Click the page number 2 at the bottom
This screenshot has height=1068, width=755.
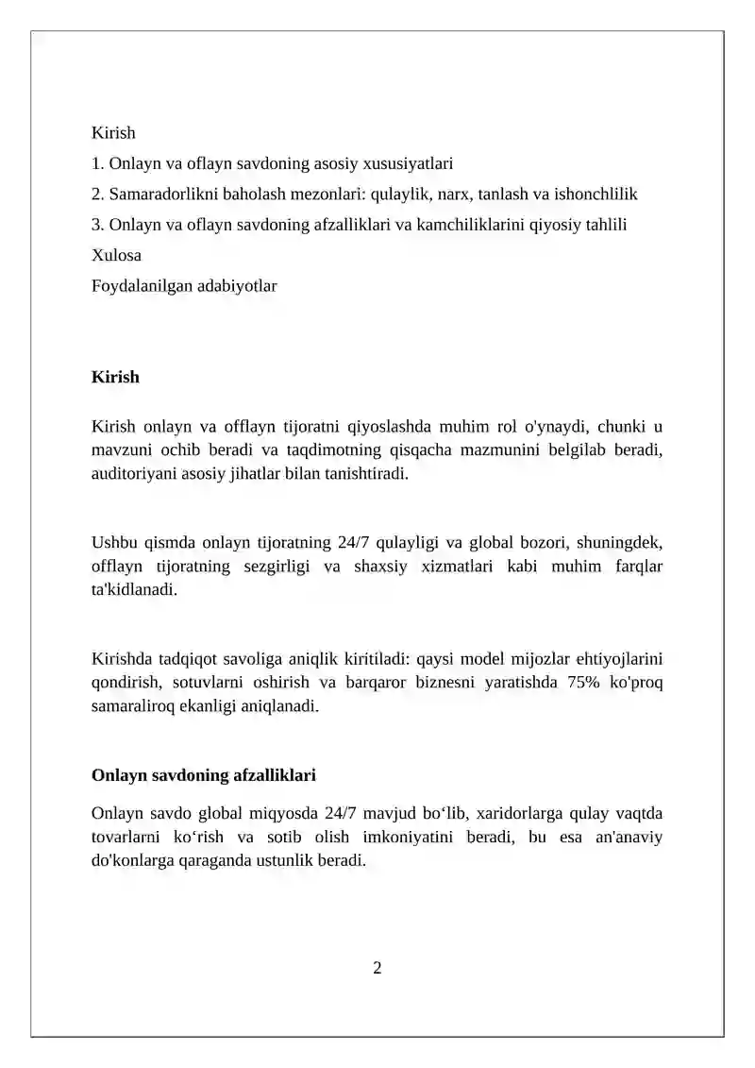pyautogui.click(x=377, y=967)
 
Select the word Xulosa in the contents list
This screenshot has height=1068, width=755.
pyautogui.click(x=116, y=255)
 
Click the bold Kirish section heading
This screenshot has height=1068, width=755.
pyautogui.click(x=115, y=377)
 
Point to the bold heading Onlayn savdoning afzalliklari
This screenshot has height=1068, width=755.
pyautogui.click(x=203, y=775)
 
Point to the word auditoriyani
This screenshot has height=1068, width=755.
pyautogui.click(x=135, y=474)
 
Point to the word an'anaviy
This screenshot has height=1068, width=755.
pyautogui.click(x=630, y=837)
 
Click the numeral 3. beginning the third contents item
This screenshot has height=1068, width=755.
pyautogui.click(x=97, y=225)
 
